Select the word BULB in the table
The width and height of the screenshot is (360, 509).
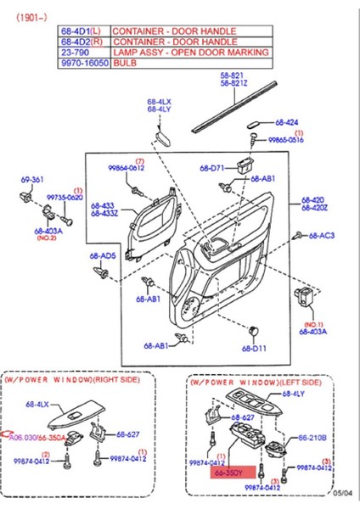[126, 63]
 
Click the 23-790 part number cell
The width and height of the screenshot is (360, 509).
[72, 52]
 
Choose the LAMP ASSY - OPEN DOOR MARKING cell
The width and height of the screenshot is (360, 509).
[191, 52]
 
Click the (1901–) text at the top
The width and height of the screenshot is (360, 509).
[31, 13]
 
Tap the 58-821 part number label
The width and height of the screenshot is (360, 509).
[233, 75]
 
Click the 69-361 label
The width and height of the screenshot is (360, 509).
[31, 181]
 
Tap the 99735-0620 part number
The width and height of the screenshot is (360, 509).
[65, 198]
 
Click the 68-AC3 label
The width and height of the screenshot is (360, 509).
[321, 235]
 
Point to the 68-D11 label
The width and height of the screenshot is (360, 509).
[254, 348]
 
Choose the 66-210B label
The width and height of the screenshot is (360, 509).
[312, 439]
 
